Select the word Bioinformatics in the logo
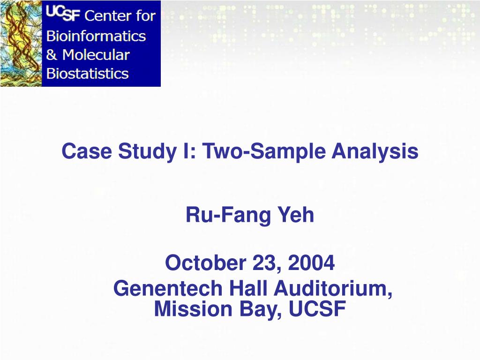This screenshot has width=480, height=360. [x=96, y=36]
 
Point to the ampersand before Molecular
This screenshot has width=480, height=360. [x=51, y=55]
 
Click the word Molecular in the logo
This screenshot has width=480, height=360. [x=96, y=55]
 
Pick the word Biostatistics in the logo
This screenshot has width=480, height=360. [x=87, y=74]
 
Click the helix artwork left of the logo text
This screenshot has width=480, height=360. [x=21, y=44]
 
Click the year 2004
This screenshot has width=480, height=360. [x=312, y=263]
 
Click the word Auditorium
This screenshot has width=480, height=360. [x=333, y=288]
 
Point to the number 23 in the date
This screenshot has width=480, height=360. [x=265, y=263]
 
